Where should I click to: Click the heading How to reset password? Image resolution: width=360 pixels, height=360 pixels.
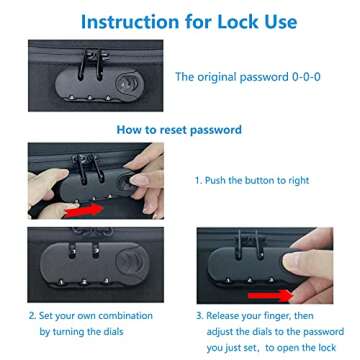179,129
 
